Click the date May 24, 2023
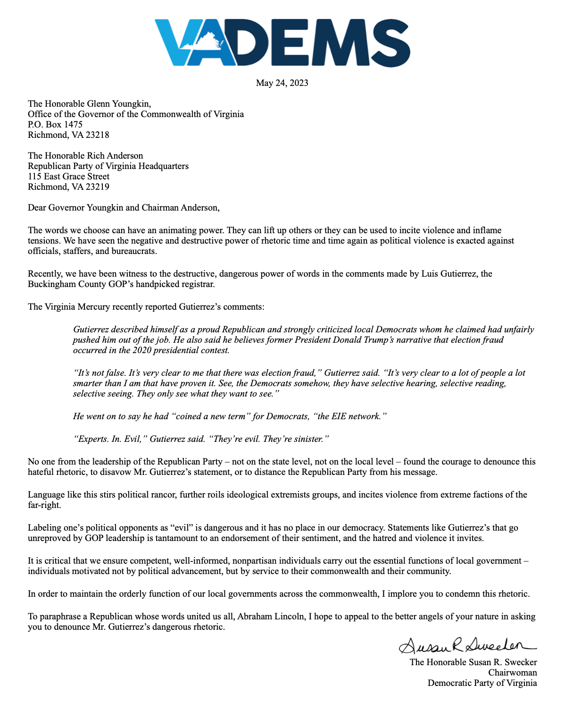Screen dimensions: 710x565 (x=282, y=83)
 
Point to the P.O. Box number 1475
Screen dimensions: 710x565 (x=73, y=125)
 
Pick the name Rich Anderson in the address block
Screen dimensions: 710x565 (x=114, y=156)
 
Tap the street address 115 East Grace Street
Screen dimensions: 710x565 (x=68, y=177)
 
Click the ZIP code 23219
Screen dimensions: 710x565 (x=97, y=187)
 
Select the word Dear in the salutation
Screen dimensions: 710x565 (x=37, y=208)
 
